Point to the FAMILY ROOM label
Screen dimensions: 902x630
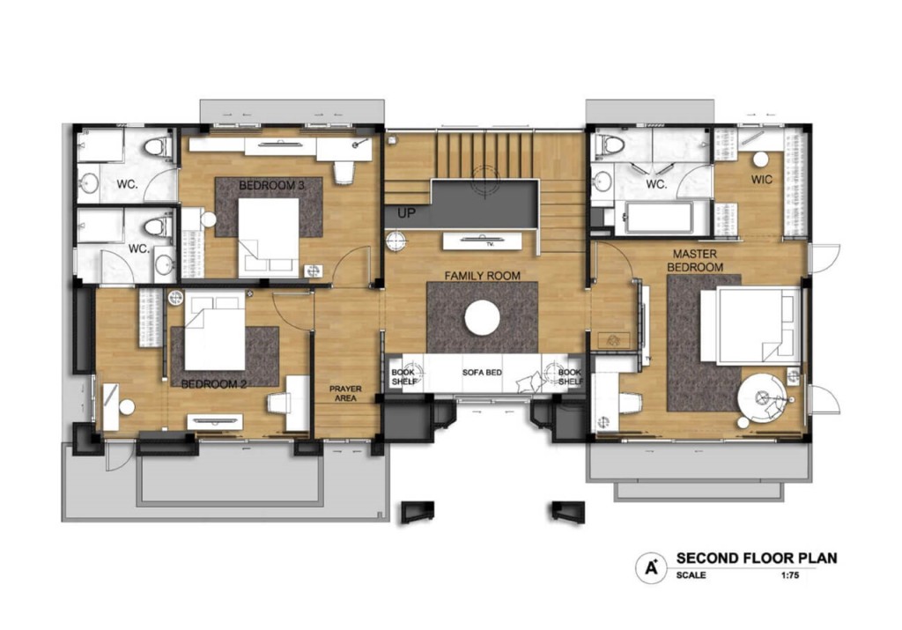482,276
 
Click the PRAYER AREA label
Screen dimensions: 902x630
345,394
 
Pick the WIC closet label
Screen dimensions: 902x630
762,180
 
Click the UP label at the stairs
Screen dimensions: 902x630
406,213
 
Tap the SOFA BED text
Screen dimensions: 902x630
482,372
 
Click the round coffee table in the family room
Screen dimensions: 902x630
482,318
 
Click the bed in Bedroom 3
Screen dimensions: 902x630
269,238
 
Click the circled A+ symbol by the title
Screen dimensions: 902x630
651,567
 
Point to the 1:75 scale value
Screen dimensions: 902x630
790,574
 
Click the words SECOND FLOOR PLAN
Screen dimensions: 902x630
757,558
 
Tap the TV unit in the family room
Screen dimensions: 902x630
482,241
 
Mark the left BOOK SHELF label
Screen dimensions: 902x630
403,377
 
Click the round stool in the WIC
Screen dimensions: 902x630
762,159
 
